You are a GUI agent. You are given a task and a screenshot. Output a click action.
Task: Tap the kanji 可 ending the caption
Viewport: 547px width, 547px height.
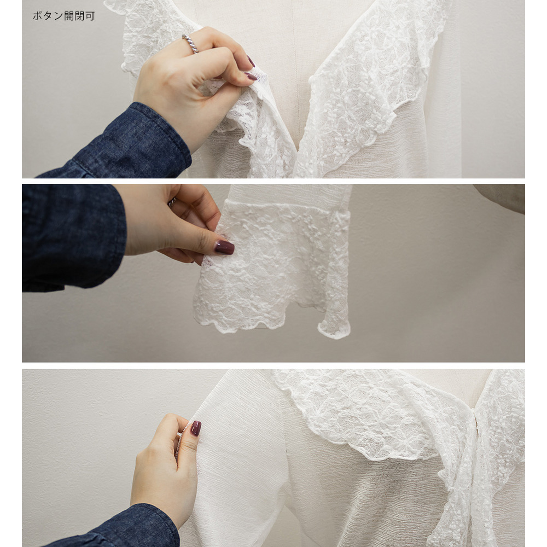tap(90, 16)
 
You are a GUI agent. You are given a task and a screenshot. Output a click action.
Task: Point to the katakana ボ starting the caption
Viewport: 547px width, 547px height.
tap(38, 16)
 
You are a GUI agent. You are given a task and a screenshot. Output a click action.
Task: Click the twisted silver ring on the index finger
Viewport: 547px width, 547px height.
tap(190, 44)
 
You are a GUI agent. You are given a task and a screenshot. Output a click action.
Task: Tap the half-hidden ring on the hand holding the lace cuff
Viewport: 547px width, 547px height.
tap(172, 202)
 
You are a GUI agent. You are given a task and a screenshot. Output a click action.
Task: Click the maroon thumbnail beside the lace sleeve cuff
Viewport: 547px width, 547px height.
tap(224, 247)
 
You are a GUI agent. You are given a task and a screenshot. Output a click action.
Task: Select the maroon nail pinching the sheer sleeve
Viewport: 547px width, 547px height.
tap(196, 428)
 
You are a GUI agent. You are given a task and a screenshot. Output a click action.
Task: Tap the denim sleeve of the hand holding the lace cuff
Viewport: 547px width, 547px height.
tap(73, 237)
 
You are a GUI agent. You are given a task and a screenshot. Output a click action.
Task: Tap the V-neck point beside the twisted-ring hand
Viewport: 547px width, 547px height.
tap(296, 154)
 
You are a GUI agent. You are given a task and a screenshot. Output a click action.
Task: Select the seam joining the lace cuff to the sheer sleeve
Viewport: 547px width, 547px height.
tap(286, 206)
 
